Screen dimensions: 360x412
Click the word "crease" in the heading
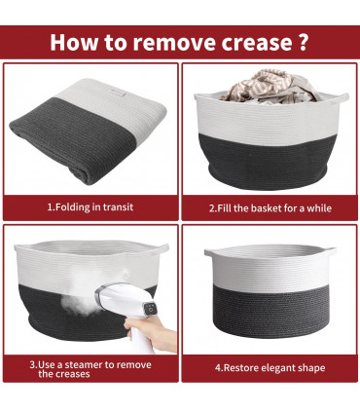click(x=256, y=43)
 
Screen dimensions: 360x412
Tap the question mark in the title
click(x=302, y=41)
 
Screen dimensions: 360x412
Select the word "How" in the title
click(x=74, y=42)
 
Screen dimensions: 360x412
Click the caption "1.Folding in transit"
click(x=90, y=207)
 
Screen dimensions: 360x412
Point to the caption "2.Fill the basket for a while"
click(x=270, y=208)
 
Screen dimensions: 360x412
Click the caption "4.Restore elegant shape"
click(x=270, y=368)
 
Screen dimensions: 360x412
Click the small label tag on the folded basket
click(x=117, y=93)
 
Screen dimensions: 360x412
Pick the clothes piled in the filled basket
click(x=270, y=86)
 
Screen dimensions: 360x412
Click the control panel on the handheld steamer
click(x=150, y=308)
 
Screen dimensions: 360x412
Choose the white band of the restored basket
click(x=270, y=270)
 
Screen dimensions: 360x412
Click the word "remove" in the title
click(x=174, y=43)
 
